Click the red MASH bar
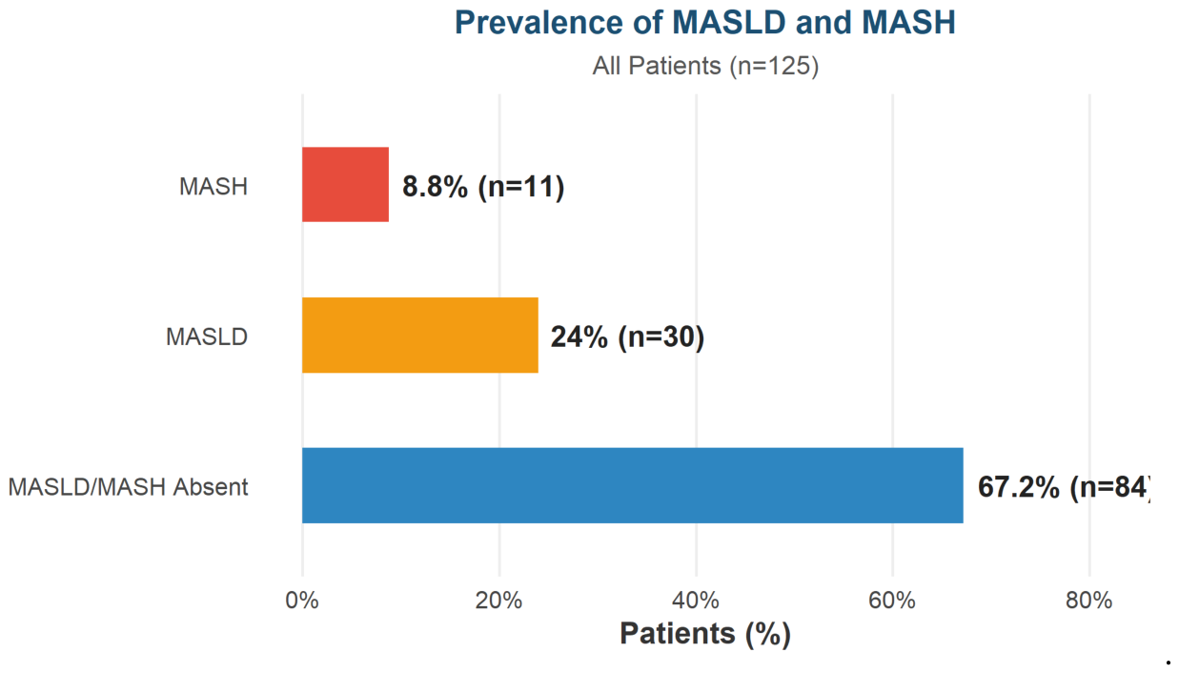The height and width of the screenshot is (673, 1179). [x=345, y=184]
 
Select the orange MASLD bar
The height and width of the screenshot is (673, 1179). [x=420, y=335]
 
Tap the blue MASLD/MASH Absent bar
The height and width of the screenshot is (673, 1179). [x=633, y=485]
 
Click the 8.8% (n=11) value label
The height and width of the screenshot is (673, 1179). [x=483, y=187]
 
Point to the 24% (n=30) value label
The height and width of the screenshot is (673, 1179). [x=627, y=337]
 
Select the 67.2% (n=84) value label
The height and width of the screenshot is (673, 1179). [x=1065, y=487]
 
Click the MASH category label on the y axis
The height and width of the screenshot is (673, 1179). [x=213, y=187]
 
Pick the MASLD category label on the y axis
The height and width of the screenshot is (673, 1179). [x=207, y=337]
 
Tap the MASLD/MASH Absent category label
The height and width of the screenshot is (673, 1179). [x=128, y=487]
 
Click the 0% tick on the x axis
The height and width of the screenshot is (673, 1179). [x=302, y=601]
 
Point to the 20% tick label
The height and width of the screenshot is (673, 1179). [x=498, y=601]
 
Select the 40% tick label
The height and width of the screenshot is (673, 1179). [x=696, y=601]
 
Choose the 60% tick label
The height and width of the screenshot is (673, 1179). [x=892, y=601]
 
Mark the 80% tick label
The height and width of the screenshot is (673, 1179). [x=1089, y=601]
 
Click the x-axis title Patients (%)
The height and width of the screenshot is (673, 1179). [x=705, y=634]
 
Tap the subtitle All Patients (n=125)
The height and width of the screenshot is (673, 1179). [x=705, y=67]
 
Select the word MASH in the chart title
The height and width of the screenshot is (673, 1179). [x=908, y=22]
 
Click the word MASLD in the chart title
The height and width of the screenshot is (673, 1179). [x=729, y=22]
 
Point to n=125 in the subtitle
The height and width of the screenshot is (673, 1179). [x=774, y=67]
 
